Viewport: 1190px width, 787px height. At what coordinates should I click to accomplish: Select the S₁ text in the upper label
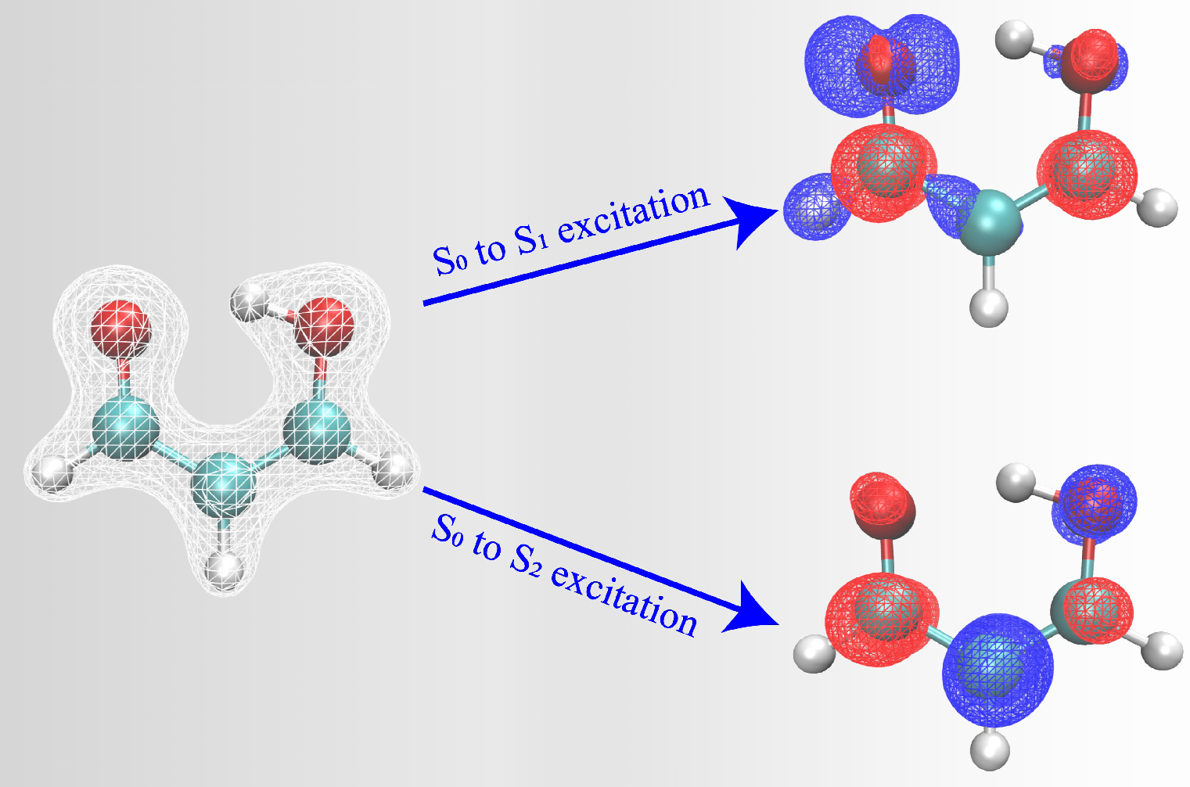(532, 243)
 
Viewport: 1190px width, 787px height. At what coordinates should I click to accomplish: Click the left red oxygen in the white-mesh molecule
(120, 325)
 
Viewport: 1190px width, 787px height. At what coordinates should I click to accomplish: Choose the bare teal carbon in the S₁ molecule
(990, 223)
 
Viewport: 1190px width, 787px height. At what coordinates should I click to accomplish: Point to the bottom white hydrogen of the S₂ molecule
(990, 749)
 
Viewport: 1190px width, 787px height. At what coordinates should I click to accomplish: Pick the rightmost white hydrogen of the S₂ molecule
(1164, 650)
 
